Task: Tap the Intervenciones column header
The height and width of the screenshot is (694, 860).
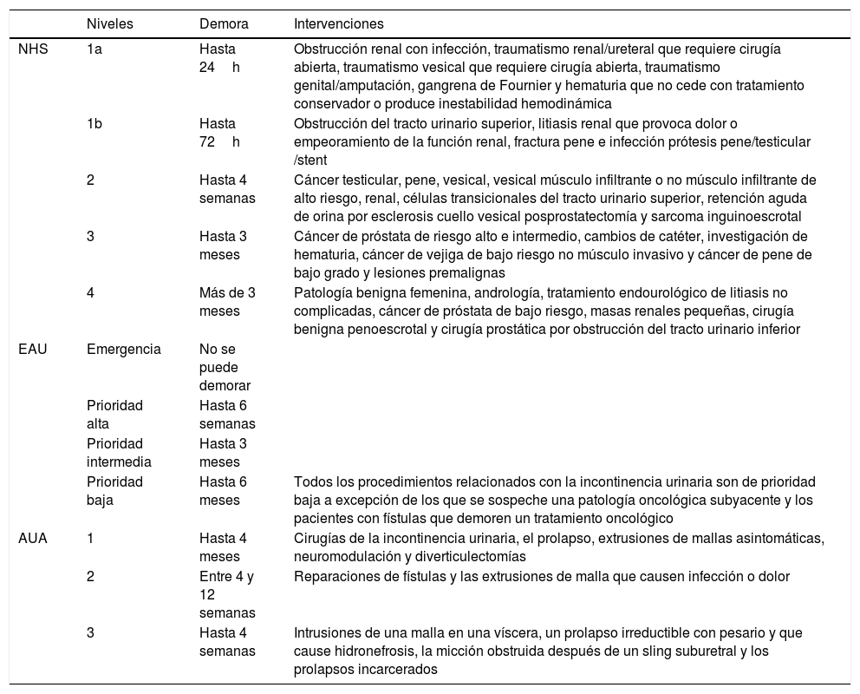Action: [339, 23]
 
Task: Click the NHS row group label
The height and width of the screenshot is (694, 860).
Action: [33, 49]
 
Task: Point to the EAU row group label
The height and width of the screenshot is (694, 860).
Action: [33, 350]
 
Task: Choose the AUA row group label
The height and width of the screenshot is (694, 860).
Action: [33, 539]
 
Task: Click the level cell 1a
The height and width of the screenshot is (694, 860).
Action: [94, 49]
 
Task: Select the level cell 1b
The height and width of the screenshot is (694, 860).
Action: [94, 124]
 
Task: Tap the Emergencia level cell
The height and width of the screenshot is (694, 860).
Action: [124, 350]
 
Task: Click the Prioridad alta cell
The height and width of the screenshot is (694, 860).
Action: [115, 414]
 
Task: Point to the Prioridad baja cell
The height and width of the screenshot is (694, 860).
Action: [115, 490]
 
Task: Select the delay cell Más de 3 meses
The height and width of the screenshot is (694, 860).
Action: [227, 301]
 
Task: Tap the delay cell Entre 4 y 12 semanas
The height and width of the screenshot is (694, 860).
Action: [227, 594]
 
